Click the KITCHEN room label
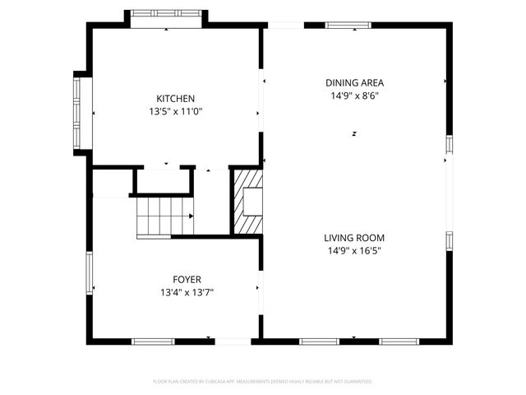[x=176, y=99]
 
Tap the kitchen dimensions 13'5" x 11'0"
[x=176, y=111]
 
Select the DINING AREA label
[x=354, y=82]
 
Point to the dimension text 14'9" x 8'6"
[x=354, y=95]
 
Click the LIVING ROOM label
[x=354, y=237]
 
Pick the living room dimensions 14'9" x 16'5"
[x=354, y=250]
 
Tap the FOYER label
[x=187, y=279]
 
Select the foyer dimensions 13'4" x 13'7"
[x=187, y=292]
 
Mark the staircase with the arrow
[x=165, y=217]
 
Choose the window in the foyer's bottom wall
[x=153, y=341]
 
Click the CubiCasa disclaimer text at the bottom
[x=263, y=382]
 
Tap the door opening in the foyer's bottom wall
[x=232, y=341]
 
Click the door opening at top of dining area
[x=284, y=26]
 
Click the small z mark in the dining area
[x=354, y=133]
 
